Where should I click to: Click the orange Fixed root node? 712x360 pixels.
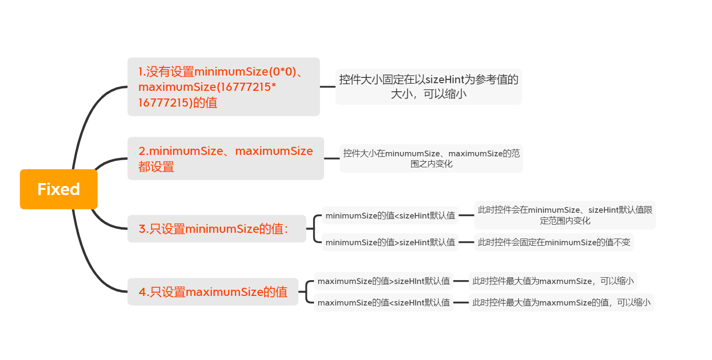[58, 189]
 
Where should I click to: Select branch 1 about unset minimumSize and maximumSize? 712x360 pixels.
[223, 87]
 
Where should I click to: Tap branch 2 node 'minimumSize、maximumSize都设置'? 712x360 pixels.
[225, 158]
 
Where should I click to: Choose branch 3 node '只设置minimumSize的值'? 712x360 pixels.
[216, 229]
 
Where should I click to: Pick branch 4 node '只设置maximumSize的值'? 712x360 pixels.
[212, 292]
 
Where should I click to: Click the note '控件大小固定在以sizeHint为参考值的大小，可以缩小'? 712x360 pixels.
[428, 87]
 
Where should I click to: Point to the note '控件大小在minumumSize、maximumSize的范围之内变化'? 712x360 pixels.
[431, 158]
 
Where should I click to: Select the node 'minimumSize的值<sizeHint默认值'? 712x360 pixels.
[390, 216]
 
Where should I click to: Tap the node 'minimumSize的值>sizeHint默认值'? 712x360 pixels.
[390, 242]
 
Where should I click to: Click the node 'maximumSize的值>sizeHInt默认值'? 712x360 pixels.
[383, 281]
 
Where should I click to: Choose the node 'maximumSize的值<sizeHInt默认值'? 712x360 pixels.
[383, 303]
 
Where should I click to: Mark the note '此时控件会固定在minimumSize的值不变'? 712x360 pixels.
[554, 242]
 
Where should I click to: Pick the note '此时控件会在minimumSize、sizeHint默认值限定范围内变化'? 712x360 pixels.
[565, 215]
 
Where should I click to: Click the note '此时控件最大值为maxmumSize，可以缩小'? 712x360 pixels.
[553, 281]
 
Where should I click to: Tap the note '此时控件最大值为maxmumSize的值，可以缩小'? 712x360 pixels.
[561, 303]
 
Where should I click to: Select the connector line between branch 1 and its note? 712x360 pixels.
[328, 87]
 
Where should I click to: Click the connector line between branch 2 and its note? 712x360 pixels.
[332, 158]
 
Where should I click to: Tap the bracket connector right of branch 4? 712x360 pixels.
[306, 292]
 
